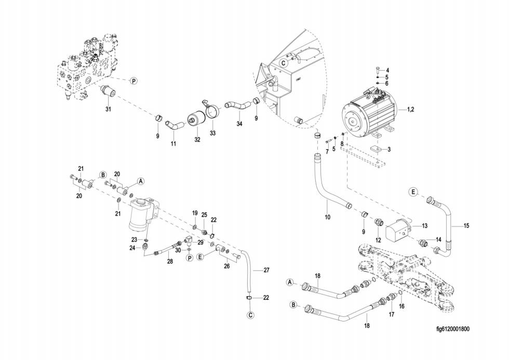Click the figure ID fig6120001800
452,328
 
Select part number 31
108,109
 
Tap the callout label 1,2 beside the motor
410,110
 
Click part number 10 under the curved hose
327,217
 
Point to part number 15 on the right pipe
466,225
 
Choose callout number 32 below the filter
197,140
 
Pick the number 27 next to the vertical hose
266,270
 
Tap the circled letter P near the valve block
133,81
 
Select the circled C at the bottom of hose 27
250,315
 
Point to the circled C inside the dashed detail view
284,62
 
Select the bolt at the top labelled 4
376,71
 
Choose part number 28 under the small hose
169,262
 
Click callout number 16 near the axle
401,307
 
